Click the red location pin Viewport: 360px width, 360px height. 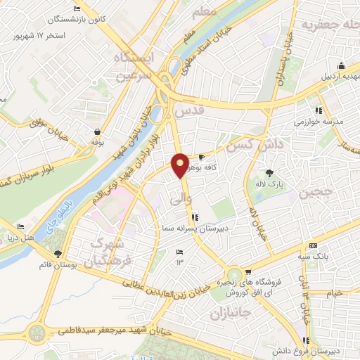click(180, 165)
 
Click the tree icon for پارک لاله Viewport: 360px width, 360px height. click(269, 172)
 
